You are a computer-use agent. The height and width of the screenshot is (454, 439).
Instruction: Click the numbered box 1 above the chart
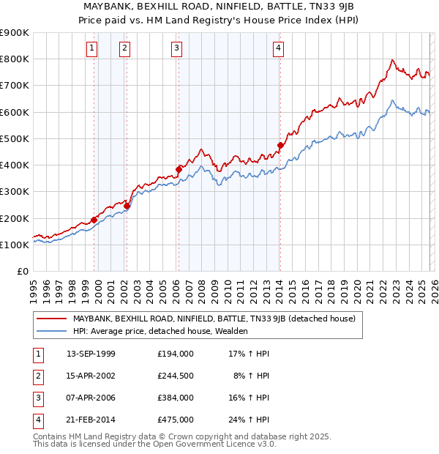coord(91,49)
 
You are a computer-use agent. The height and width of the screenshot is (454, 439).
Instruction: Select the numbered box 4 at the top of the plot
coord(279,49)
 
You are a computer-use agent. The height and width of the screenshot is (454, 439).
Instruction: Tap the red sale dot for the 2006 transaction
coord(179,169)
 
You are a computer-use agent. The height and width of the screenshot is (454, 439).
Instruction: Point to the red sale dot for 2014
coord(280,145)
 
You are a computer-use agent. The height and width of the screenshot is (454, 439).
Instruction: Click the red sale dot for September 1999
coord(94,220)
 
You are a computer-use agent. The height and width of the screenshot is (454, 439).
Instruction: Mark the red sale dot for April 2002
coord(127,206)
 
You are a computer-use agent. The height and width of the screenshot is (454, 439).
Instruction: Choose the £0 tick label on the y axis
coord(22,271)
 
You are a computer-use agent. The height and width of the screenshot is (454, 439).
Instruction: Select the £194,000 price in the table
coord(175,353)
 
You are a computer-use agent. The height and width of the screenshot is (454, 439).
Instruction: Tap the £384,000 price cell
coord(175,398)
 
